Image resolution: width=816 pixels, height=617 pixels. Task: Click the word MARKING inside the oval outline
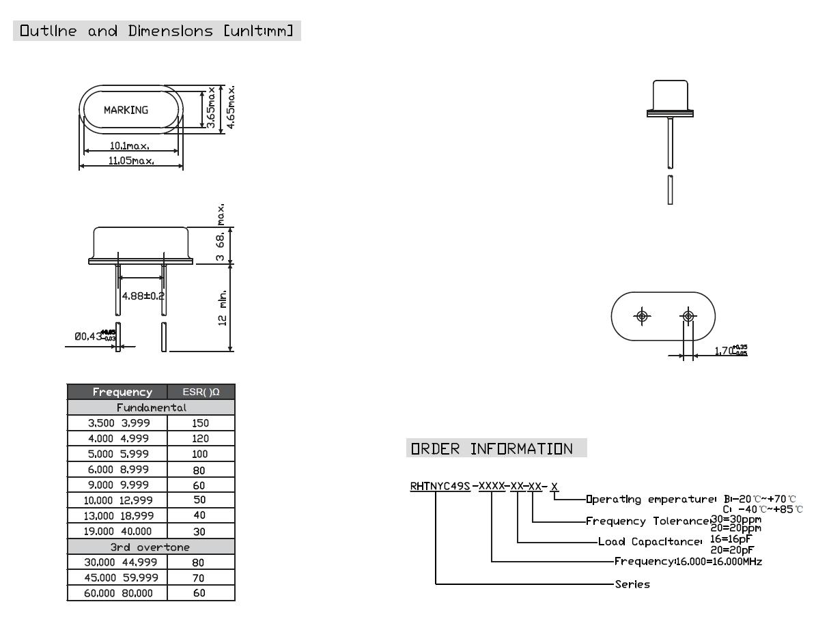[x=126, y=110]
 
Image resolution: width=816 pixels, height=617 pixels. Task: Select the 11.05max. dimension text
[x=130, y=160]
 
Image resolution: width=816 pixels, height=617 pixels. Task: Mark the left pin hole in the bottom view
[x=642, y=316]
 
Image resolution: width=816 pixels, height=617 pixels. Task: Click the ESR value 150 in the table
[x=201, y=423]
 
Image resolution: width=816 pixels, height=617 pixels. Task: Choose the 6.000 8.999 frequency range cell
[x=118, y=470]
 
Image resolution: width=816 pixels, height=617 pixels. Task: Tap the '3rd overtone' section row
[x=150, y=547]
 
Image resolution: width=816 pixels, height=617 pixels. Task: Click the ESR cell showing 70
[x=199, y=578]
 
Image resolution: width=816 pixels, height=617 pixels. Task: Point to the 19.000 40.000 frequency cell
[x=118, y=531]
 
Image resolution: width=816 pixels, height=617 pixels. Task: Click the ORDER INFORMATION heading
[x=491, y=449]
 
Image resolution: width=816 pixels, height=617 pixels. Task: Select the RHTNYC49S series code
[x=440, y=486]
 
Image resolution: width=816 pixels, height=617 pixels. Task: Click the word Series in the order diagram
[x=632, y=584]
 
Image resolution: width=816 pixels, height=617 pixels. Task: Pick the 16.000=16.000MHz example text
[x=718, y=561]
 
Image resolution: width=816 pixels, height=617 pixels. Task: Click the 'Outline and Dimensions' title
[x=156, y=31]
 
